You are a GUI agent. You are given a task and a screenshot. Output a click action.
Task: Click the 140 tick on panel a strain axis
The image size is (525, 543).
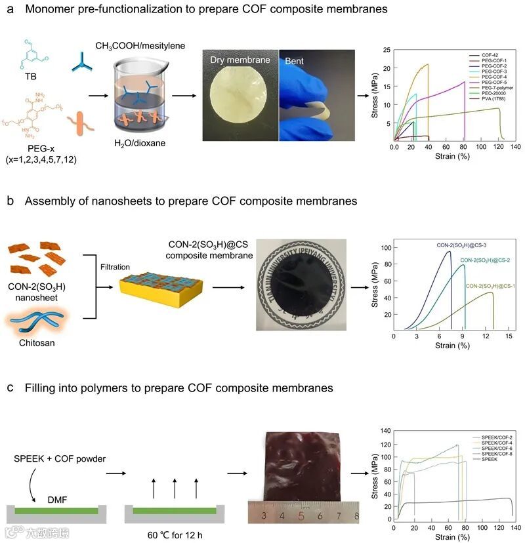click(x=516, y=147)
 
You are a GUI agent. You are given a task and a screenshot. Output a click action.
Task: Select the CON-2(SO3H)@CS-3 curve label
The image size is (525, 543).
click(x=461, y=245)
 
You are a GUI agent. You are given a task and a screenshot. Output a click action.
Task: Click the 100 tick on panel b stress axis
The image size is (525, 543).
click(x=386, y=248)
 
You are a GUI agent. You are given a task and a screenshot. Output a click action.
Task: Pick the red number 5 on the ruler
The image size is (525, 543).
click(x=301, y=515)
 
